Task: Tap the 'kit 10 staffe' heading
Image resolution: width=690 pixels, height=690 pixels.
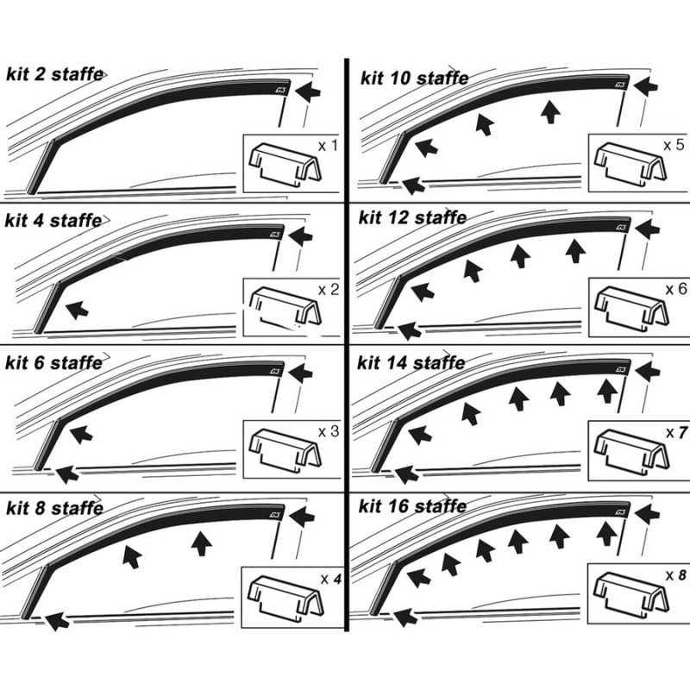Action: tap(413, 78)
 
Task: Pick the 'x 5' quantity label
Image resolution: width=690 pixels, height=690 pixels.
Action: tap(673, 144)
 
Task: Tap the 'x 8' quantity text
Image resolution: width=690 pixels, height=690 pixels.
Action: tap(674, 574)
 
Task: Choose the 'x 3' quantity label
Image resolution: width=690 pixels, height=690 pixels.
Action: tap(328, 430)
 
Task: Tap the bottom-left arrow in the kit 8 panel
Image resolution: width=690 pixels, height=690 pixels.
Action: tap(55, 618)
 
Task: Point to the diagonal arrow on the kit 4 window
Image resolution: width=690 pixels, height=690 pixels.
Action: tap(77, 308)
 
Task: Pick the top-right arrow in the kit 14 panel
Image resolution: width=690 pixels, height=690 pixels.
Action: tap(648, 372)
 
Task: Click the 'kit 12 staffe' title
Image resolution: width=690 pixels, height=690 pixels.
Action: tap(412, 217)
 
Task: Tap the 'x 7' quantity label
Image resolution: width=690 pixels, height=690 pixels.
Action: tap(675, 430)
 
